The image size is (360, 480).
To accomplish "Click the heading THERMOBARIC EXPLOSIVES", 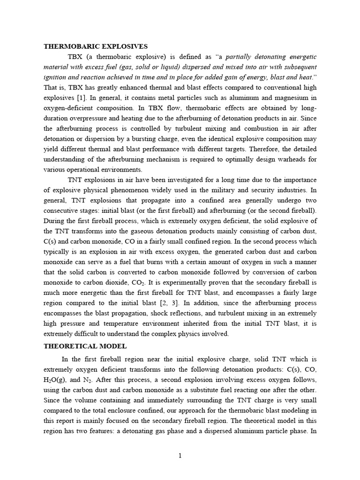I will tap(96, 46).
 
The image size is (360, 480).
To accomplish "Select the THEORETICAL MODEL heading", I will tap(84, 346).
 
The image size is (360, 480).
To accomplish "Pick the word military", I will tap(228, 190).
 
